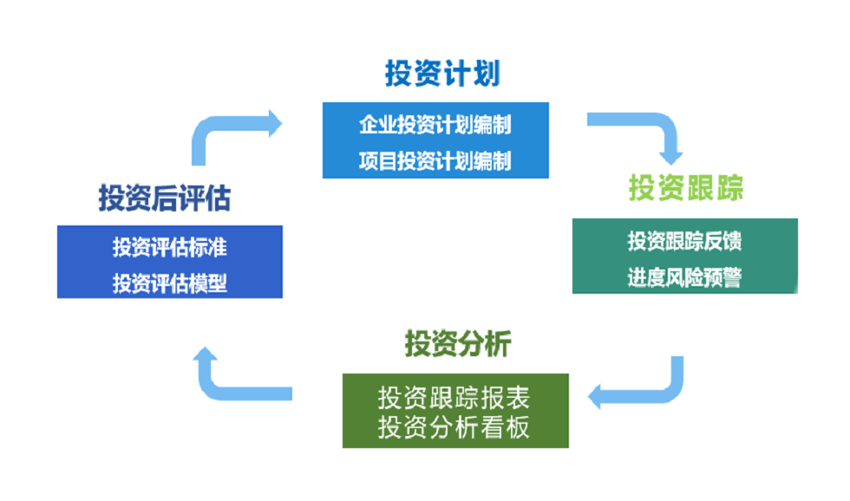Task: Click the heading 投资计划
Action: [x=442, y=74]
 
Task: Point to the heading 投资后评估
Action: [x=165, y=198]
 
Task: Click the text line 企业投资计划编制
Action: [x=435, y=125]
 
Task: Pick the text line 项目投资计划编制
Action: [x=435, y=161]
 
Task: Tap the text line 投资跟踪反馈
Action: [x=685, y=241]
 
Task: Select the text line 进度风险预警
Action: [x=685, y=277]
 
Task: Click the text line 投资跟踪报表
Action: [x=454, y=398]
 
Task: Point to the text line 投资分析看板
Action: [x=454, y=428]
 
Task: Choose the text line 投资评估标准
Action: [x=170, y=247]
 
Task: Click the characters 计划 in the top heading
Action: [x=472, y=74]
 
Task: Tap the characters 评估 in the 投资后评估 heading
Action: [x=204, y=198]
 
